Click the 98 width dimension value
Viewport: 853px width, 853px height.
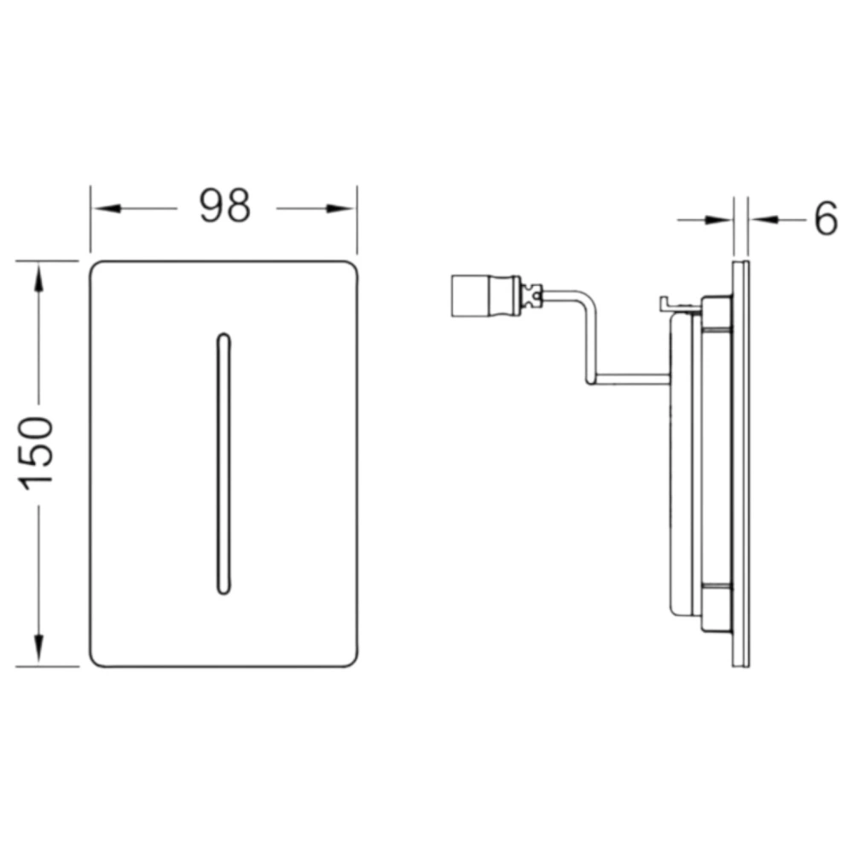(x=225, y=206)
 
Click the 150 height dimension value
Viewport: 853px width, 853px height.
(x=37, y=453)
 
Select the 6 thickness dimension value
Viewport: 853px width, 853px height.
(x=827, y=218)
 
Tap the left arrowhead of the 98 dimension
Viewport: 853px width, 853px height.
(x=107, y=208)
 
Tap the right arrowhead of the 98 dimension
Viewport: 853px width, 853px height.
(x=340, y=208)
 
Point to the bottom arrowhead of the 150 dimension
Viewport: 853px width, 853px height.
(x=38, y=649)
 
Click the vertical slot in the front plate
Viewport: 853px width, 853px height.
(x=223, y=463)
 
